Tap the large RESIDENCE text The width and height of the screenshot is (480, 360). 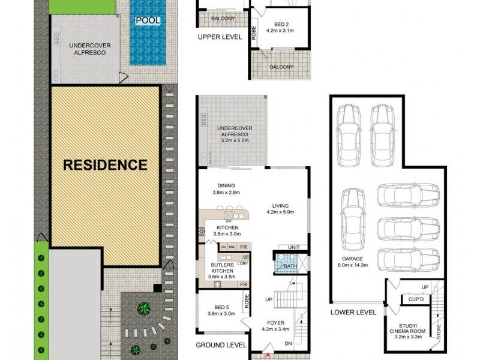pos(105,164)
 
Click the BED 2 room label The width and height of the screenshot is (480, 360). pos(281,27)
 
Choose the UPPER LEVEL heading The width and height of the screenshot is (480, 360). pos(220,37)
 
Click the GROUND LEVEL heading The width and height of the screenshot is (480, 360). pos(221,345)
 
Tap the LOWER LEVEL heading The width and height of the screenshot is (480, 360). pos(353,313)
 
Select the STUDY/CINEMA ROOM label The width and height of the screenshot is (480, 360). pos(408,327)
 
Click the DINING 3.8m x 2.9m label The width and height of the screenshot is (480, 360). pos(226,189)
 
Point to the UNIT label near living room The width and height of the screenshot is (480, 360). pos(293,247)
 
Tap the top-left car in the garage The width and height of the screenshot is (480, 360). pos(349,131)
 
